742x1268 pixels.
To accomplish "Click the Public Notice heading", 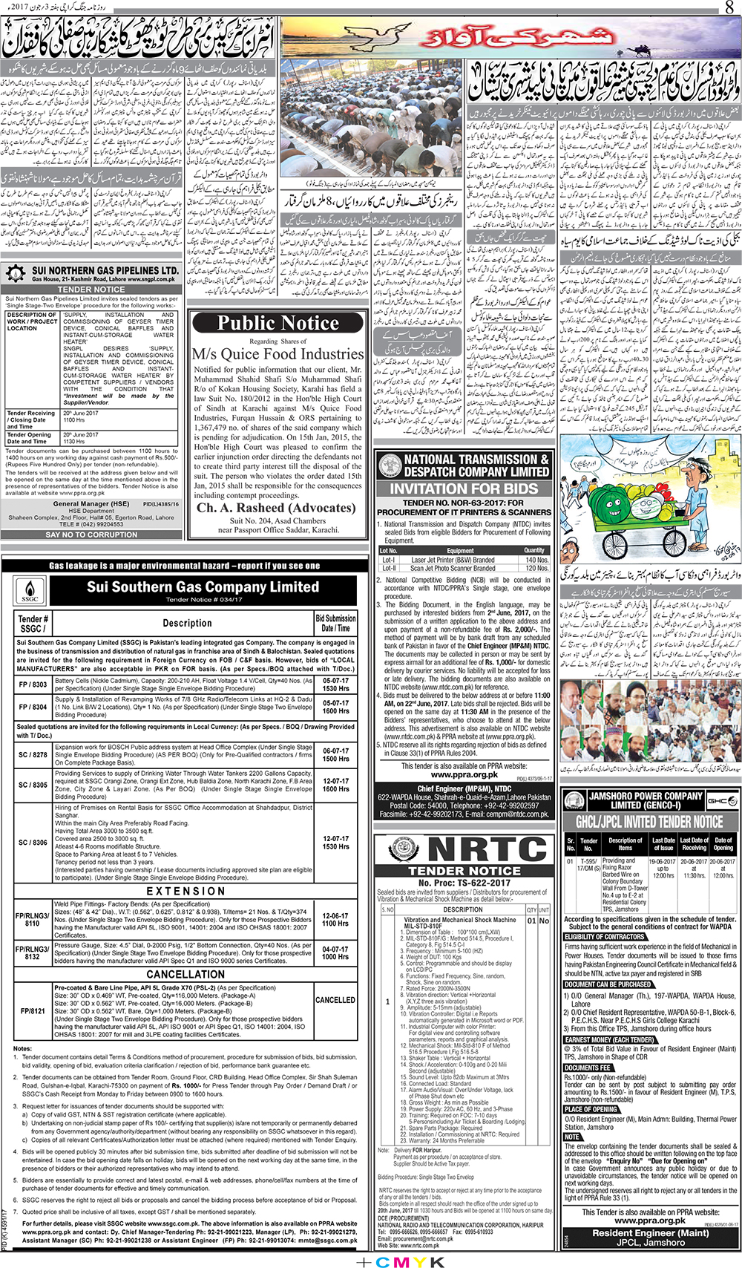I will pyautogui.click(x=278, y=323).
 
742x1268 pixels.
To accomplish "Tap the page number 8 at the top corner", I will pyautogui.click(x=729, y=8).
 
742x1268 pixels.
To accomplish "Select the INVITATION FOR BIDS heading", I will pyautogui.click(x=464, y=488).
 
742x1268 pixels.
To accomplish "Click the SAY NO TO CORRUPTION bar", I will pyautogui.click(x=91, y=535).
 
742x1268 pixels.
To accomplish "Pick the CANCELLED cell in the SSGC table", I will pyautogui.click(x=335, y=1000).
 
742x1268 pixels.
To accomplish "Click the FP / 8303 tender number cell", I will pyautogui.click(x=33, y=684).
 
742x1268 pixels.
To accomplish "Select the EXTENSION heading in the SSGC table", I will pyautogui.click(x=185, y=891).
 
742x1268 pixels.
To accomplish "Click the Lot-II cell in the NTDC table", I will pyautogui.click(x=389, y=568).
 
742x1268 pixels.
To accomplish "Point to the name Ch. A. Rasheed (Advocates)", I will pyautogui.click(x=276, y=509).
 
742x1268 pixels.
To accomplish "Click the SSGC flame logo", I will pyautogui.click(x=30, y=592).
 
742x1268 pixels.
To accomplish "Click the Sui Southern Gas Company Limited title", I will pyautogui.click(x=202, y=587).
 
